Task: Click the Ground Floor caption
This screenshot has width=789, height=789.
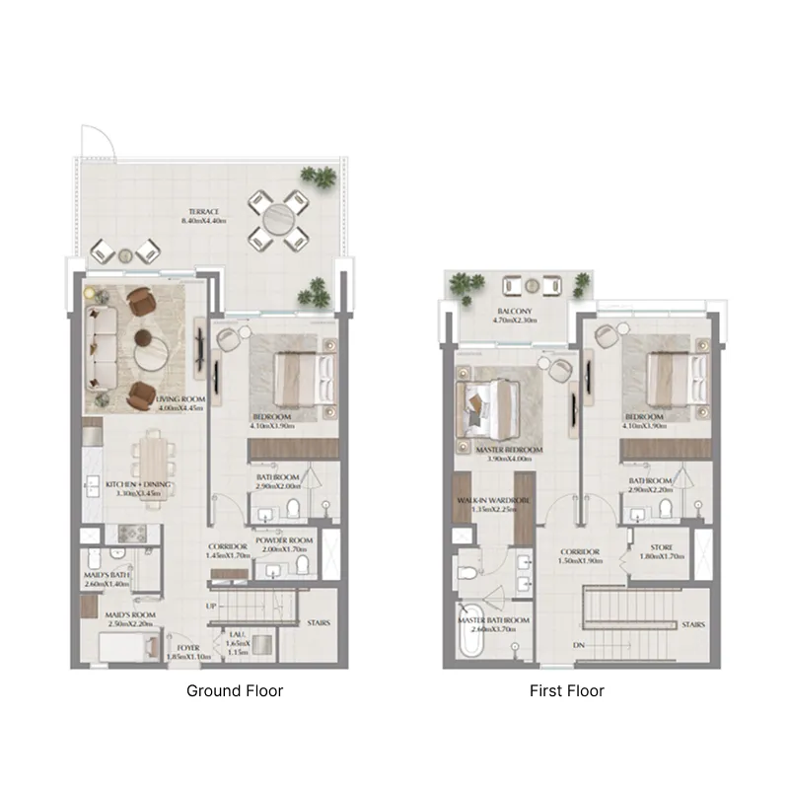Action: pos(235,691)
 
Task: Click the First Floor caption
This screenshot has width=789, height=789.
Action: pos(566,691)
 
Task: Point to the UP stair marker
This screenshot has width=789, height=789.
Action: pos(211,606)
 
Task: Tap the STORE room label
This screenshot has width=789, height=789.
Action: pos(662,546)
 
